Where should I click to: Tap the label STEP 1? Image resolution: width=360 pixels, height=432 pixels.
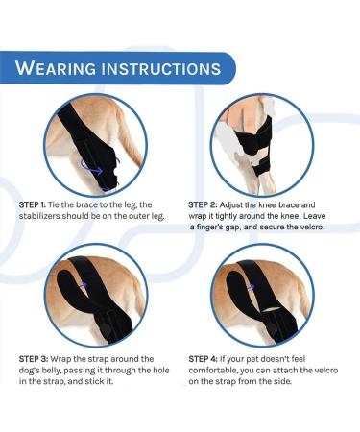[x=36, y=205]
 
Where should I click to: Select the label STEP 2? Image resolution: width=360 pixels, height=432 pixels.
[x=205, y=205]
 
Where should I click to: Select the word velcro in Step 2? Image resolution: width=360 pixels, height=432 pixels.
[x=307, y=228]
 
